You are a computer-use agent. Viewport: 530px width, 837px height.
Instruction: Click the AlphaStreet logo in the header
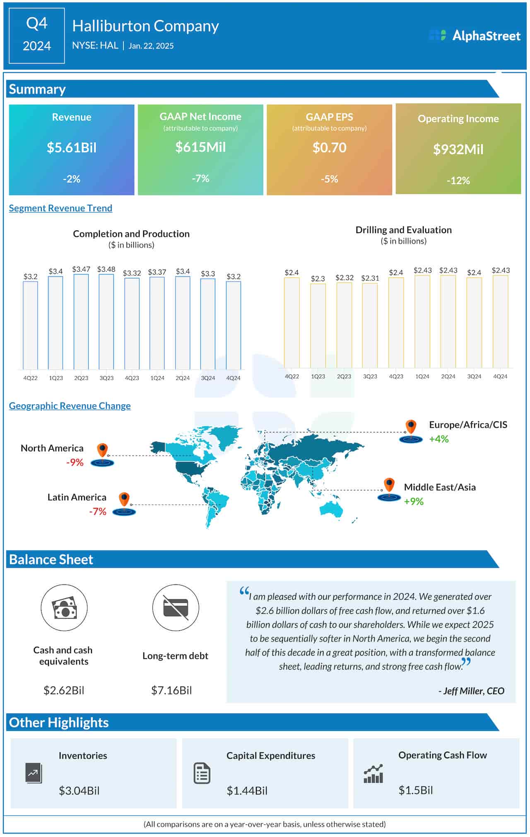475,36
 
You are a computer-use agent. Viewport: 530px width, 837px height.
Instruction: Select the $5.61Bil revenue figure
72,147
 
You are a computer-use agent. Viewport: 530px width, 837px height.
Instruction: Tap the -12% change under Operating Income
458,181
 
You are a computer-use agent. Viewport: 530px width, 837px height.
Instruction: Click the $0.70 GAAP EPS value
329,147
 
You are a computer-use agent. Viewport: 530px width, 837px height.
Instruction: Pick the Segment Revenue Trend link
60,208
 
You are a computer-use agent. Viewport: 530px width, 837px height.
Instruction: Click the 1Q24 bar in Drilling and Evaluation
422,321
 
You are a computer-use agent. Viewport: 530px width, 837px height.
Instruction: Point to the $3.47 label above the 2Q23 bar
81,269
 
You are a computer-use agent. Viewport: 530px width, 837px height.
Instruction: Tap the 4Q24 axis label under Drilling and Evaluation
500,376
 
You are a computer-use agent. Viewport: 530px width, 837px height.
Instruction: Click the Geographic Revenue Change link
70,405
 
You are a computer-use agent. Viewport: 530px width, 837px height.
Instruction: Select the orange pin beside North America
102,450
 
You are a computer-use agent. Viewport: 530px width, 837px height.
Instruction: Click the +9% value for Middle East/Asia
414,502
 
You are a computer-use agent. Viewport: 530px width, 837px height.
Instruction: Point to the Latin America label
77,497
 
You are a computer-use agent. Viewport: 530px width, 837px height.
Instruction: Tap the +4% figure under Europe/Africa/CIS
438,439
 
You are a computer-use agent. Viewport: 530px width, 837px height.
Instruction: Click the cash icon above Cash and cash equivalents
64,608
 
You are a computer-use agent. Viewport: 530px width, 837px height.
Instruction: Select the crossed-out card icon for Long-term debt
176,608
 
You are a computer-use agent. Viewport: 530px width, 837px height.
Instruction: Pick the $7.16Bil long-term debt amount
171,690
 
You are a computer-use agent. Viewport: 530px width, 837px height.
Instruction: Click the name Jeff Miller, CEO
472,691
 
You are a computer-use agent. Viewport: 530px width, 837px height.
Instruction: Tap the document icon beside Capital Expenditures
202,773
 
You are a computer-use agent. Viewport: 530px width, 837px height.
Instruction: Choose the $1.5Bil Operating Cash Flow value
416,790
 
